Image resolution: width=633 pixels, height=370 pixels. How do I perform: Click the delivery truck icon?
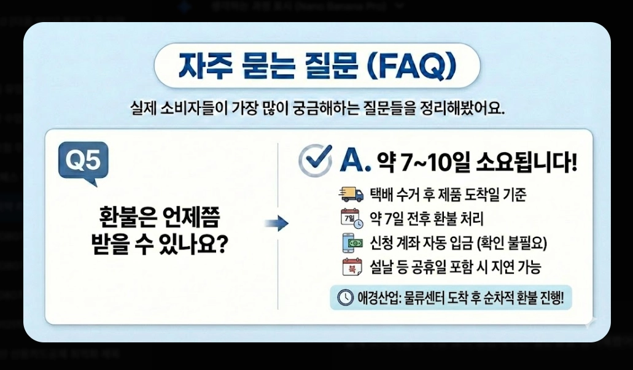point(351,195)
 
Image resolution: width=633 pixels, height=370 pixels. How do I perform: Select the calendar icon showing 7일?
point(351,218)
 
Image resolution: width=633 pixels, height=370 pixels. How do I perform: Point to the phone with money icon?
point(351,243)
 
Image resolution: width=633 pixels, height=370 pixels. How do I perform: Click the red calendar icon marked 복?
point(351,268)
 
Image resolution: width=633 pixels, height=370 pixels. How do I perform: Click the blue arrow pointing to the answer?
point(276,224)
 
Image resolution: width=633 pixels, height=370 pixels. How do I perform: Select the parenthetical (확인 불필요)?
point(511,244)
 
